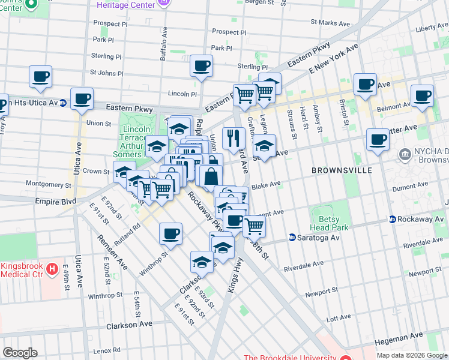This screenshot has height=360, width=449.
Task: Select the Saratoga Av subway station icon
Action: coord(292,238)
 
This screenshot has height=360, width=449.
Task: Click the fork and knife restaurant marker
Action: coord(231,138)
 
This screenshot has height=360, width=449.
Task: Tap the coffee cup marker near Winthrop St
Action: coord(170,233)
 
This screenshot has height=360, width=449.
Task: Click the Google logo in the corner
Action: coord(20,353)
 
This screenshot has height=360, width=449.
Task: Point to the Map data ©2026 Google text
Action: coord(411,355)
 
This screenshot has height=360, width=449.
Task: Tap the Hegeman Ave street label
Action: coord(395,341)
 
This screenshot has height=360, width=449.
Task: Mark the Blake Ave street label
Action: coord(265,185)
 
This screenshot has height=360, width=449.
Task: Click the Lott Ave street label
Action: coord(339,319)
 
